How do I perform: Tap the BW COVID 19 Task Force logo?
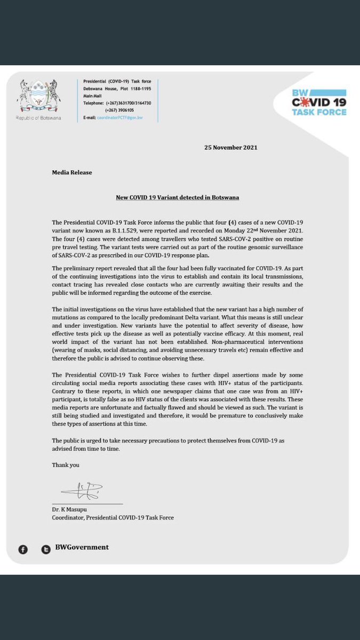[319, 101]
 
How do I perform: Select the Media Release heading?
[71, 173]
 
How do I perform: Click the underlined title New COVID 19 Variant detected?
[178, 197]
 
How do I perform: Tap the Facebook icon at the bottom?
[22, 549]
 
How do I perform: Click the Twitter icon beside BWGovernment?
[46, 549]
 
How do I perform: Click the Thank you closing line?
[66, 465]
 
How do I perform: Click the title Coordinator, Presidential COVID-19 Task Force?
[113, 518]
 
